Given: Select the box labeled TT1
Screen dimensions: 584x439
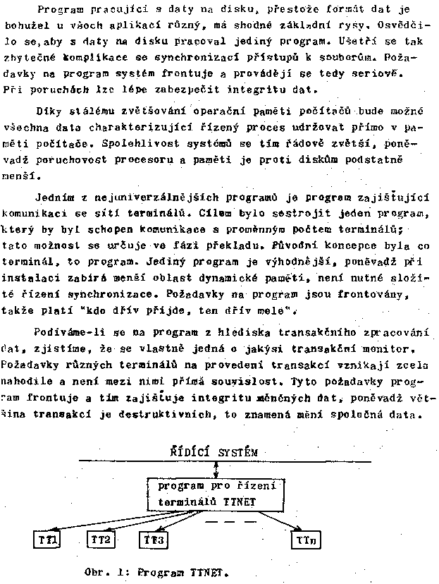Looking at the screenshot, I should pyautogui.click(x=49, y=540).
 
